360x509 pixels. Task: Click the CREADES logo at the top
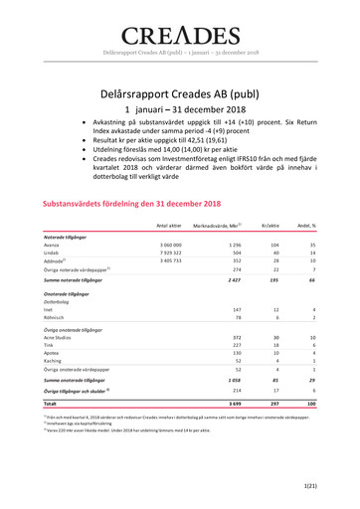pyautogui.click(x=180, y=21)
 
